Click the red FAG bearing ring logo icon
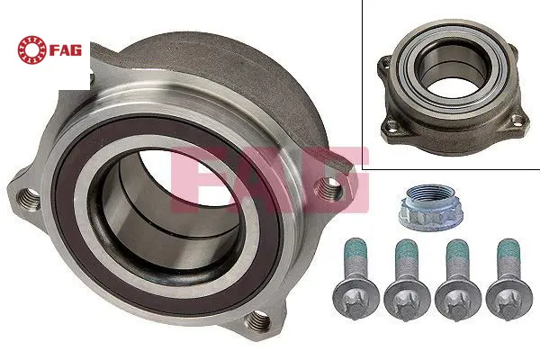click(x=31, y=49)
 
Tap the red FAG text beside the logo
click(x=66, y=50)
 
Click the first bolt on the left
click(x=355, y=279)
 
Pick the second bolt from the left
click(x=407, y=280)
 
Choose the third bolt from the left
click(x=458, y=280)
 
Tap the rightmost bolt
click(x=509, y=279)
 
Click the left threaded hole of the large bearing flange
click(x=28, y=199)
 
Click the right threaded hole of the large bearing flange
click(x=328, y=189)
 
